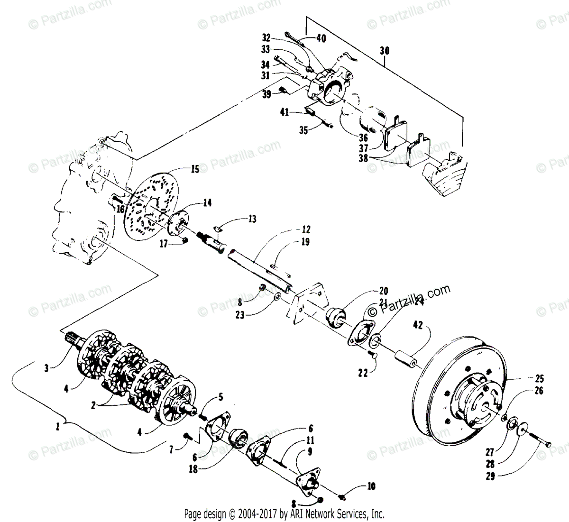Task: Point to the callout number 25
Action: [x=540, y=379]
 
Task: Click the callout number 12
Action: [x=306, y=230]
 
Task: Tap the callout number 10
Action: [x=370, y=486]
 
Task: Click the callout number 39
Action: [x=267, y=94]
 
